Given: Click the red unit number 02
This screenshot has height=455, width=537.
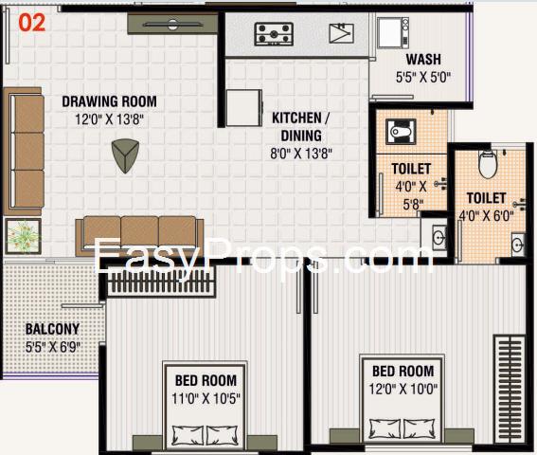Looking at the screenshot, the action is pyautogui.click(x=32, y=23).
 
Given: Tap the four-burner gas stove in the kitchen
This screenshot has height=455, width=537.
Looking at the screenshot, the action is pyautogui.click(x=274, y=34).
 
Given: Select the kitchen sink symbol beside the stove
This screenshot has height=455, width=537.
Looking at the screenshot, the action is pyautogui.click(x=342, y=33).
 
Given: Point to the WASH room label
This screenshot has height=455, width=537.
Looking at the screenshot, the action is pyautogui.click(x=423, y=60).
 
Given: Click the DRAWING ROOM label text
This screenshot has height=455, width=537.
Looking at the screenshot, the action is pyautogui.click(x=109, y=101).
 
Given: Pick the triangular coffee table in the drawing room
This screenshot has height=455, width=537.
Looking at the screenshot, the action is pyautogui.click(x=125, y=155).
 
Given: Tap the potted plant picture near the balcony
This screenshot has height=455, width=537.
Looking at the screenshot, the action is pyautogui.click(x=24, y=236).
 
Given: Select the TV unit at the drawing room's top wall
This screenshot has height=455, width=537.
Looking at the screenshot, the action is pyautogui.click(x=172, y=24).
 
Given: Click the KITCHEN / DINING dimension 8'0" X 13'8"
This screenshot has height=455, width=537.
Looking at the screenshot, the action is pyautogui.click(x=301, y=154).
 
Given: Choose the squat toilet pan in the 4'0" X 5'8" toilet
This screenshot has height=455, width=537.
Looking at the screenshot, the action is pyautogui.click(x=401, y=132).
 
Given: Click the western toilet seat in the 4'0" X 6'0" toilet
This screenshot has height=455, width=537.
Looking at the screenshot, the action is pyautogui.click(x=488, y=165).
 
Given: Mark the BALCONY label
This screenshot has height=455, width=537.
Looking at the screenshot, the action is pyautogui.click(x=52, y=329).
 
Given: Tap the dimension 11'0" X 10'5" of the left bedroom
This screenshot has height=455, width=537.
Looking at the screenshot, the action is pyautogui.click(x=206, y=399).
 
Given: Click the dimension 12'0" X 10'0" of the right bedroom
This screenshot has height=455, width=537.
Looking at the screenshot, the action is pyautogui.click(x=403, y=390).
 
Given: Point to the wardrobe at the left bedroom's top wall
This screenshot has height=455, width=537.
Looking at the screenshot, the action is pyautogui.click(x=161, y=281).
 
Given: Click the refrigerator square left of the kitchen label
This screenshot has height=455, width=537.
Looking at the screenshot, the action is pyautogui.click(x=243, y=108).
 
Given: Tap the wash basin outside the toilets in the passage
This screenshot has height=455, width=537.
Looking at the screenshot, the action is pyautogui.click(x=438, y=237).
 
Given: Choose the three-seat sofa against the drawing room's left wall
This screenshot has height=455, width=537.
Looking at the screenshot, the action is pyautogui.click(x=24, y=152).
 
